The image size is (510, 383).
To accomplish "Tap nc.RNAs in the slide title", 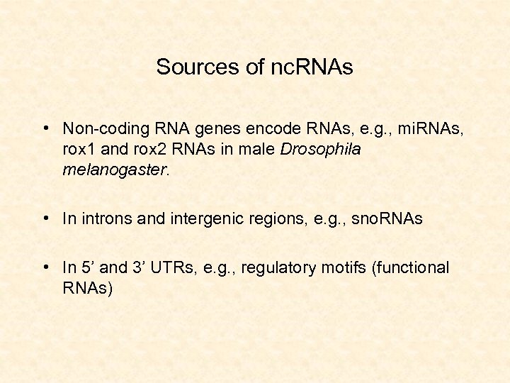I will click(312, 67).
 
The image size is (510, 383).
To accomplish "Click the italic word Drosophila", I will click(321, 150).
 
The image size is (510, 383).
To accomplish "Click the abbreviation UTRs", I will click(173, 268).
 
